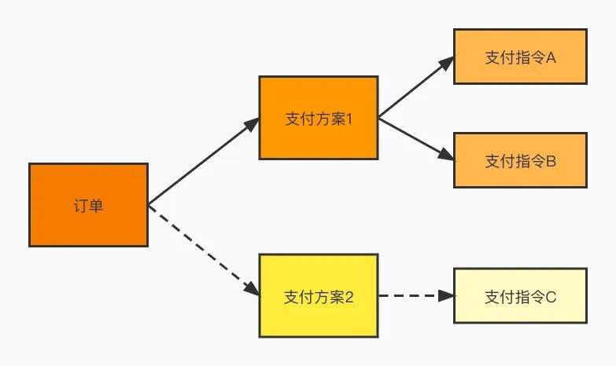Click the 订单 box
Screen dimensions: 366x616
(88, 205)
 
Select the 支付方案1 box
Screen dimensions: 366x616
(319, 119)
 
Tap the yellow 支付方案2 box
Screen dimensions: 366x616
(319, 296)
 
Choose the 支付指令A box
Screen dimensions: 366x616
(520, 57)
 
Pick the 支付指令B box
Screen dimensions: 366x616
(520, 160)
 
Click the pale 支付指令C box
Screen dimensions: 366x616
(520, 296)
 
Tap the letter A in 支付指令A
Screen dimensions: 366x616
(551, 57)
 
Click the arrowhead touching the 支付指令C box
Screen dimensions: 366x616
(447, 296)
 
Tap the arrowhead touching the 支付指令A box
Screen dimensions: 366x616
(446, 62)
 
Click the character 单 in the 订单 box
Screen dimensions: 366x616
(96, 206)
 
